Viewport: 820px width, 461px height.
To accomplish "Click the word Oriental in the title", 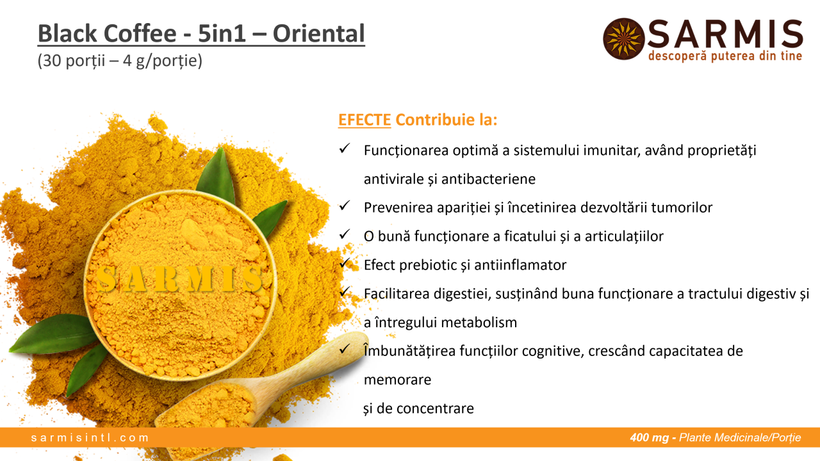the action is tap(319, 33).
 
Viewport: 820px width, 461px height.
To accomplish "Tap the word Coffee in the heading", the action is tap(140, 33).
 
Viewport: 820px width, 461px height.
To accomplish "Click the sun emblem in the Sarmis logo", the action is tap(623, 39).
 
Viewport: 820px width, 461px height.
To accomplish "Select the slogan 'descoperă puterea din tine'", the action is tap(725, 56).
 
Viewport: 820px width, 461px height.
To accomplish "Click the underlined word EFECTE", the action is tap(365, 120).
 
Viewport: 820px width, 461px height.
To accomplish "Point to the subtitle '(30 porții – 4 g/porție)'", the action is tap(120, 61).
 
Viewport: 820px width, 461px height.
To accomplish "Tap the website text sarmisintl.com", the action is tap(90, 437).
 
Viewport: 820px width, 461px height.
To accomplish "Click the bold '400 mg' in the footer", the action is tap(650, 437).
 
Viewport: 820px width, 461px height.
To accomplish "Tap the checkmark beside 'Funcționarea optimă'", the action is tap(345, 148).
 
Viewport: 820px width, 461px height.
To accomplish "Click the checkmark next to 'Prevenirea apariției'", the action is tap(345, 206).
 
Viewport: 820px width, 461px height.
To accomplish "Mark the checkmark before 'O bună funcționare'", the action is tap(345, 234).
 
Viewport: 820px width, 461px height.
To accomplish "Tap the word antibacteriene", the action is tap(488, 179).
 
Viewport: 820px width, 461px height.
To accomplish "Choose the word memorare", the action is tap(398, 380).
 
